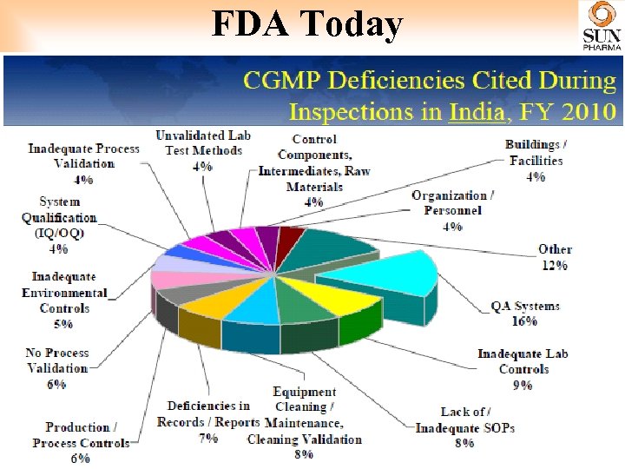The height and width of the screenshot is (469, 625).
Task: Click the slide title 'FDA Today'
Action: pyautogui.click(x=307, y=25)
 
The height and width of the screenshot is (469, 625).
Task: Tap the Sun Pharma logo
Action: pyautogui.click(x=602, y=27)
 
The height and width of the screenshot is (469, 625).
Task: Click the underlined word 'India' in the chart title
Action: pyautogui.click(x=475, y=113)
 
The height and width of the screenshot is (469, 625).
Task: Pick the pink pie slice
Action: pyautogui.click(x=174, y=279)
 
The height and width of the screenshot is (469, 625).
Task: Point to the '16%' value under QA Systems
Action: pyautogui.click(x=525, y=321)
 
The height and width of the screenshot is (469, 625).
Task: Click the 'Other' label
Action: pyautogui.click(x=555, y=249)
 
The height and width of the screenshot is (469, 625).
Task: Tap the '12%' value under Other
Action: pyautogui.click(x=555, y=265)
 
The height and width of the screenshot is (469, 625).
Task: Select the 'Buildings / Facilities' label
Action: pyautogui.click(x=536, y=153)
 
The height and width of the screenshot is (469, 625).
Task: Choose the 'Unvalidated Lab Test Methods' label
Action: pyautogui.click(x=203, y=143)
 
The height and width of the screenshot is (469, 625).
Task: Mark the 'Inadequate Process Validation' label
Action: pyautogui.click(x=83, y=156)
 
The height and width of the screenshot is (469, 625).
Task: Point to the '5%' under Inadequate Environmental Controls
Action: pyautogui.click(x=63, y=324)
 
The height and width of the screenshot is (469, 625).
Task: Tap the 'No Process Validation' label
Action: pyautogui.click(x=57, y=360)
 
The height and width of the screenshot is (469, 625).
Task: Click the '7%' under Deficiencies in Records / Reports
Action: pyautogui.click(x=207, y=438)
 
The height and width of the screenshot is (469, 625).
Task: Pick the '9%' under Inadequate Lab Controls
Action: pyautogui.click(x=523, y=385)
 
